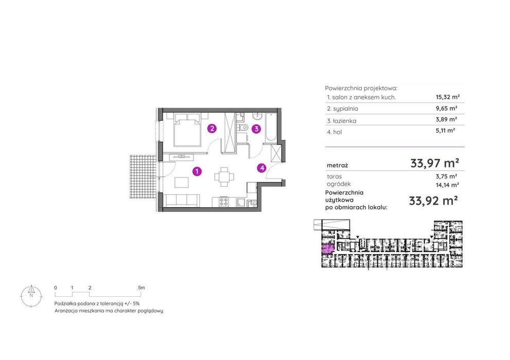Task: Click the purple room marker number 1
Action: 197,171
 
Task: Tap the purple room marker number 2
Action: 212,129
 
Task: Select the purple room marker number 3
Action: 256,129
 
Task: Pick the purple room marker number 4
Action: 262,168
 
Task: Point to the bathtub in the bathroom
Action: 271,128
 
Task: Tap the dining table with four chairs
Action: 224,177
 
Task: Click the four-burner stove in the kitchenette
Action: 223,202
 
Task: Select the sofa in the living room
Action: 182,200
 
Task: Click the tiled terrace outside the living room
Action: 143,176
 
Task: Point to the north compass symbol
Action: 31,296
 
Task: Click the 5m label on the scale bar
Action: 141,287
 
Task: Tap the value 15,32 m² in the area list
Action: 448,97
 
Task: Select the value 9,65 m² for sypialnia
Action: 447,108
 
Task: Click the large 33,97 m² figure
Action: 434,163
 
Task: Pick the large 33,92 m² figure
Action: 433,201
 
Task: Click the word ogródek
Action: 339,184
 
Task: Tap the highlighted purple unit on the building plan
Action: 328,249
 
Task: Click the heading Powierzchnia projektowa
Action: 361,88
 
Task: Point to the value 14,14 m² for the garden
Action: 447,185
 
